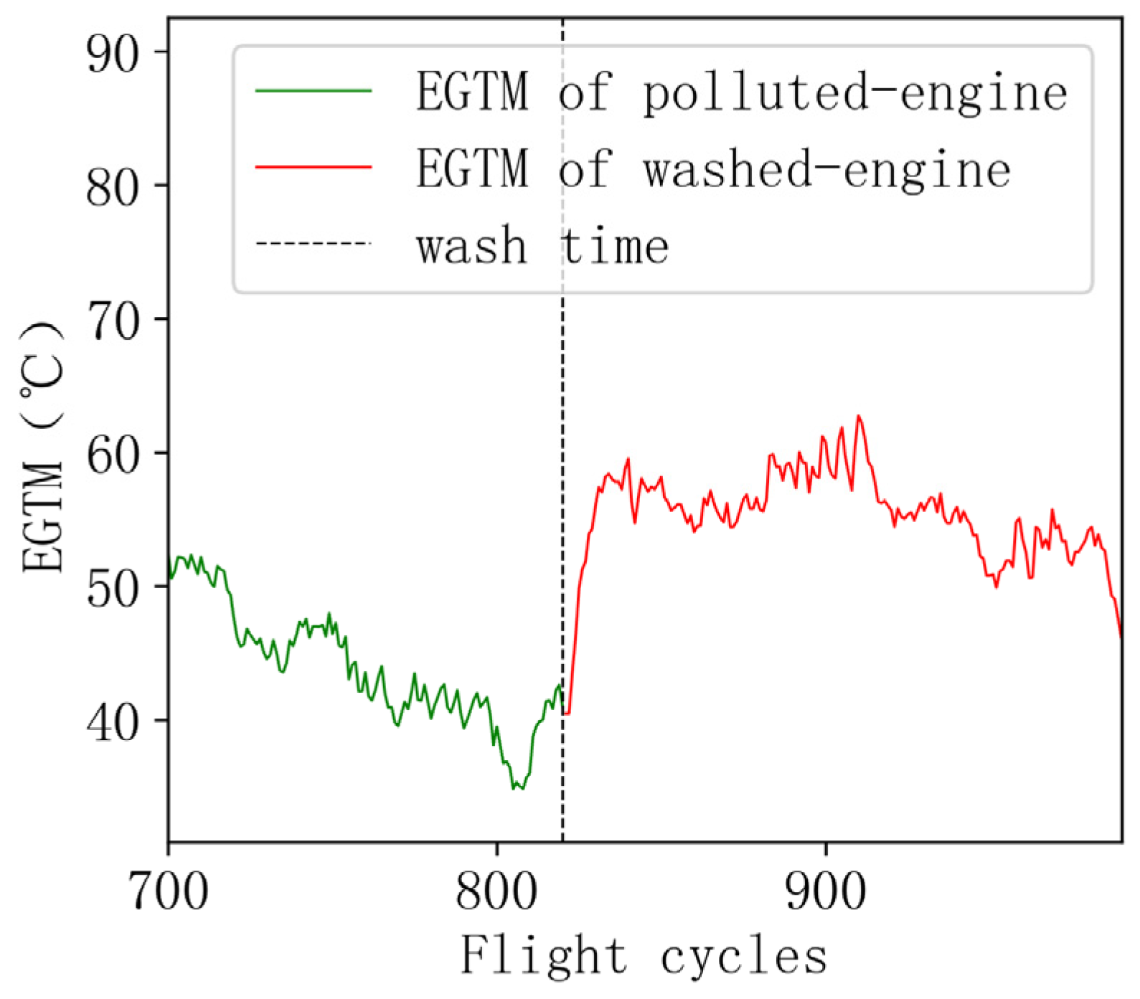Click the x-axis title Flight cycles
point(644,956)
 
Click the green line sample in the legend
point(314,91)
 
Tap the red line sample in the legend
point(314,168)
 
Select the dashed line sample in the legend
point(314,245)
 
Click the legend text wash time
point(542,246)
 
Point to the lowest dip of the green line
point(514,789)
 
